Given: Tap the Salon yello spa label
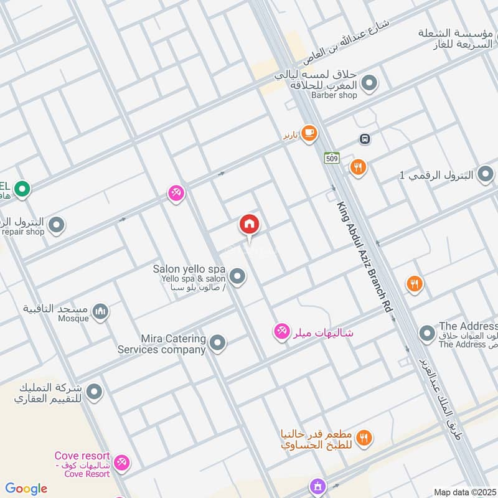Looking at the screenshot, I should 189,269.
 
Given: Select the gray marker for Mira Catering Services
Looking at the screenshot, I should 217,342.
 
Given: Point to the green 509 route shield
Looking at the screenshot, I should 331,158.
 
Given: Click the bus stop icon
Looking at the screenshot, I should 365,139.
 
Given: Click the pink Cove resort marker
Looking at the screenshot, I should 122,462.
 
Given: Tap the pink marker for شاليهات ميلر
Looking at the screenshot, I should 281,332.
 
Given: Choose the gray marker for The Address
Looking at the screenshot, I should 426,334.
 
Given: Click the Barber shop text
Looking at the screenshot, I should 335,95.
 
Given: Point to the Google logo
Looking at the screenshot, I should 26,489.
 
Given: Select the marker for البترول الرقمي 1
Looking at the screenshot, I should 486,175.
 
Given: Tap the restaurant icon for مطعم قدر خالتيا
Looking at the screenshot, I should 365,438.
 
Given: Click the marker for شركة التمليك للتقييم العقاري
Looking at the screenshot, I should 94,392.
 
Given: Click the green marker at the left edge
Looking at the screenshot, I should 22,187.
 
